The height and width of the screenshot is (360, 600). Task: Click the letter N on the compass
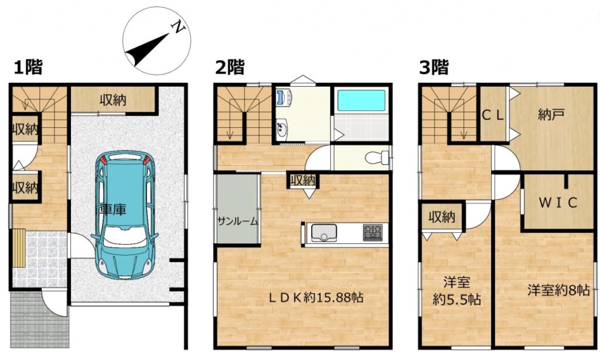pos(179,27)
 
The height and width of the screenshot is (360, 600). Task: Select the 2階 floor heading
pos(230,68)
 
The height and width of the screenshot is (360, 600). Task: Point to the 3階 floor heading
pos(434,68)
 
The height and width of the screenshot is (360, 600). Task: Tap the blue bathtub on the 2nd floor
pos(361,100)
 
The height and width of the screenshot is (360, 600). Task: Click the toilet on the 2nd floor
pos(376,157)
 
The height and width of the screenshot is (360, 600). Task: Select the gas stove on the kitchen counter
pos(372,232)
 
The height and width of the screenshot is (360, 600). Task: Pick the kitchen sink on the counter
pos(324,233)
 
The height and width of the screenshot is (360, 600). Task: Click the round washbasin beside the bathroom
pos(282,128)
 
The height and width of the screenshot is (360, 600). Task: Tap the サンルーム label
pos(238,222)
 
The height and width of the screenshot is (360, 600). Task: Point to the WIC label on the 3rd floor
pos(558,203)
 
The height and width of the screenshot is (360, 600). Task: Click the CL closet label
pos(493,116)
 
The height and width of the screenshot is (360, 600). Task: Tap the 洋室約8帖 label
pos(558,290)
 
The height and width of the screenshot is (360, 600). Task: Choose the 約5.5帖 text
pos(456,300)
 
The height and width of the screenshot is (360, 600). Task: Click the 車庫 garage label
pos(113,209)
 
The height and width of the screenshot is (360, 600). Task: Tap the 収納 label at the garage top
pos(113,100)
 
